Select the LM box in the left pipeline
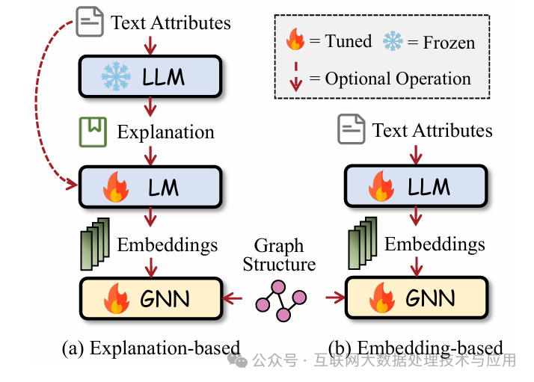click(x=150, y=187)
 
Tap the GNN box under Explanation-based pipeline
click(x=150, y=298)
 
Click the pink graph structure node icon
click(x=280, y=298)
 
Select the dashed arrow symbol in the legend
click(x=296, y=77)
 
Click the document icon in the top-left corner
click(x=90, y=22)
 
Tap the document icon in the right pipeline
click(x=351, y=130)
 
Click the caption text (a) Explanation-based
click(x=150, y=348)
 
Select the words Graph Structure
click(x=279, y=255)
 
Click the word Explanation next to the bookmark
click(x=165, y=132)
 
